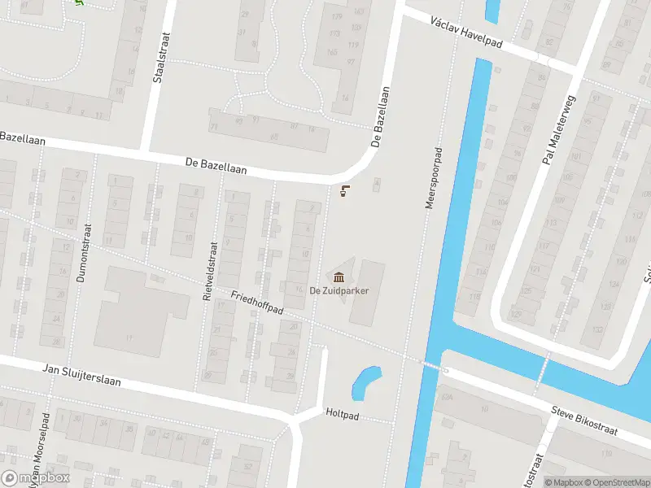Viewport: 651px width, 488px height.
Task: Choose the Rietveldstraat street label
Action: tap(209, 272)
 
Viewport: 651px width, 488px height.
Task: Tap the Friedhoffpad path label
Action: tap(256, 303)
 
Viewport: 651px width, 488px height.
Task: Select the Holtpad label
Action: tap(342, 412)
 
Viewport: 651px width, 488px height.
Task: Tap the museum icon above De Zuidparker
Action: tap(338, 278)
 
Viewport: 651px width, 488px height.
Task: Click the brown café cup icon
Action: tap(345, 192)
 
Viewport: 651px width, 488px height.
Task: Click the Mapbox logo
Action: tap(35, 478)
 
